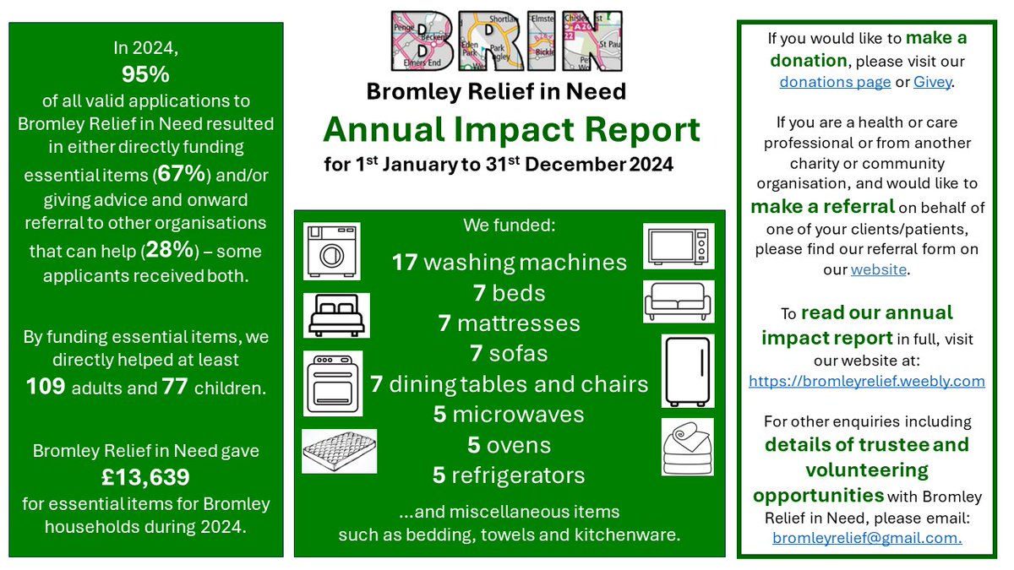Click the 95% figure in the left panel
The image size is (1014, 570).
(x=145, y=74)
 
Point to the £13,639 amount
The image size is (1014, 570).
(x=145, y=477)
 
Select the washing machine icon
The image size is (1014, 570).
(x=331, y=251)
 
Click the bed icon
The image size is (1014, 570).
(x=331, y=315)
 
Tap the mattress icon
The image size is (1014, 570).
(x=339, y=451)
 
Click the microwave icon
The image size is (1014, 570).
(x=679, y=246)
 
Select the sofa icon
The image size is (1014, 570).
(x=679, y=301)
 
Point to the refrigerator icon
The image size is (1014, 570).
(x=687, y=371)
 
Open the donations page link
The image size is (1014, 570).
(x=835, y=82)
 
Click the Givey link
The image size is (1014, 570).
(x=933, y=82)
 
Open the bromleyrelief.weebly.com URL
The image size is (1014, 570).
(x=867, y=381)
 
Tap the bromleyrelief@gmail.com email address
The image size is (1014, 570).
(x=867, y=537)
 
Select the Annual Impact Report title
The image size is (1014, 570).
(x=511, y=129)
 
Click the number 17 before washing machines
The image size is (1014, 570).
(x=405, y=263)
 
